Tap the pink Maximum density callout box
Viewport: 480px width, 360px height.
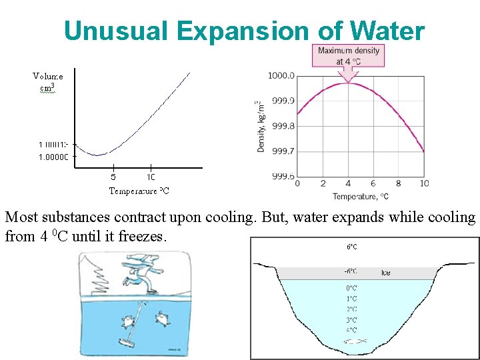[349, 55]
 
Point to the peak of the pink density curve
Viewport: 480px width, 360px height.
[348, 82]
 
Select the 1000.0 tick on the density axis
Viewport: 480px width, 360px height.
[281, 75]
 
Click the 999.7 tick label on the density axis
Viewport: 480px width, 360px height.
[281, 151]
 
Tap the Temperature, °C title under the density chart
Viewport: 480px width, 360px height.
[361, 197]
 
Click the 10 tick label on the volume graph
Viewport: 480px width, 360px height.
[151, 177]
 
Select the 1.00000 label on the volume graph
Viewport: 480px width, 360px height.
[53, 157]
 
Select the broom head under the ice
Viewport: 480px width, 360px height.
[125, 342]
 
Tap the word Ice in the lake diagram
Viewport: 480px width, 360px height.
[386, 273]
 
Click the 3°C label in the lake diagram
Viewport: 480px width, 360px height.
[351, 320]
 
